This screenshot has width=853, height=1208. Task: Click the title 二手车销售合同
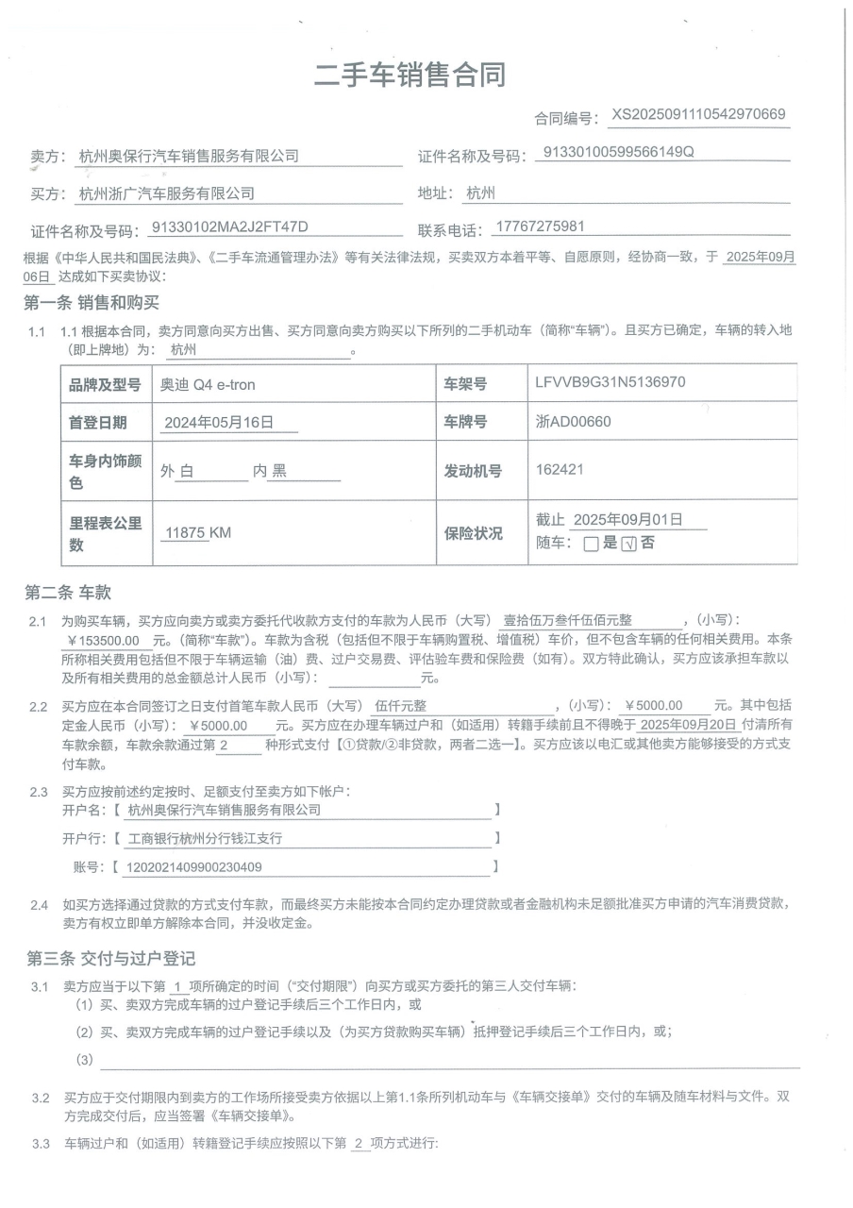tap(410, 75)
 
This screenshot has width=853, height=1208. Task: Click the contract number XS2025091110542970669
tap(699, 115)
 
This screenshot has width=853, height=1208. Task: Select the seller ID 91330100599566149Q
tap(619, 153)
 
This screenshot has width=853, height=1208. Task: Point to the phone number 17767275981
tap(540, 227)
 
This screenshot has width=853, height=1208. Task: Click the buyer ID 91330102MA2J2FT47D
tap(230, 227)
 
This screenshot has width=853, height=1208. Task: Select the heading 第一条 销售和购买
tap(92, 303)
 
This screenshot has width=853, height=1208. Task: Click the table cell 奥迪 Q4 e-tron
tap(208, 384)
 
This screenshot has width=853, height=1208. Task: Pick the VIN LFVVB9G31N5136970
tap(610, 382)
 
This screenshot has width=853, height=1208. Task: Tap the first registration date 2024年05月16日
tap(218, 423)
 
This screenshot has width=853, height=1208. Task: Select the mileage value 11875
tap(185, 533)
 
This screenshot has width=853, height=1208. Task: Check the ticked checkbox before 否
tap(629, 544)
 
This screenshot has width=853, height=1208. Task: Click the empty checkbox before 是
tap(591, 544)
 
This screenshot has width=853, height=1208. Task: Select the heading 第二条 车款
tap(68, 593)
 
